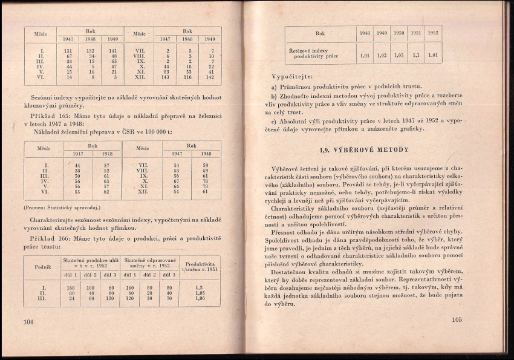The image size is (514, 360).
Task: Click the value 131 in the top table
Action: pos(68,51)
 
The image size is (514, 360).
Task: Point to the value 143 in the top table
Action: pos(165,77)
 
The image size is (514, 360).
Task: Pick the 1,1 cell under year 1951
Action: pos(415,56)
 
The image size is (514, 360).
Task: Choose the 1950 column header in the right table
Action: pos(398,33)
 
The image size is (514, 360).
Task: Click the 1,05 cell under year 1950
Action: pos(398,56)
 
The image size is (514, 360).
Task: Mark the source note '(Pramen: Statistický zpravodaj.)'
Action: pos(62,207)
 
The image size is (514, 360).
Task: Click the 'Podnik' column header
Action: pos(42,267)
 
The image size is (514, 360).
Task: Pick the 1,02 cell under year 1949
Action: pos(381,56)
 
